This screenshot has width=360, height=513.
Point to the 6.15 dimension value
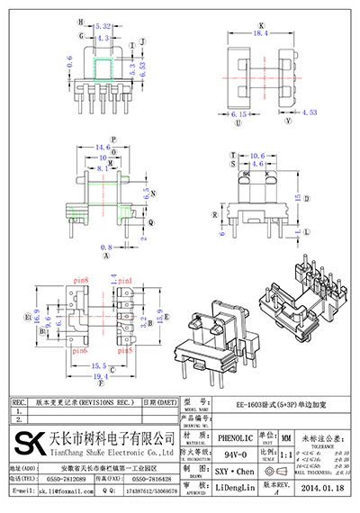[x=239, y=115]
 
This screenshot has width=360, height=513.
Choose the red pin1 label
[x=125, y=282]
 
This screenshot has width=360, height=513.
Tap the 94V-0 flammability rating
[x=233, y=454]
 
